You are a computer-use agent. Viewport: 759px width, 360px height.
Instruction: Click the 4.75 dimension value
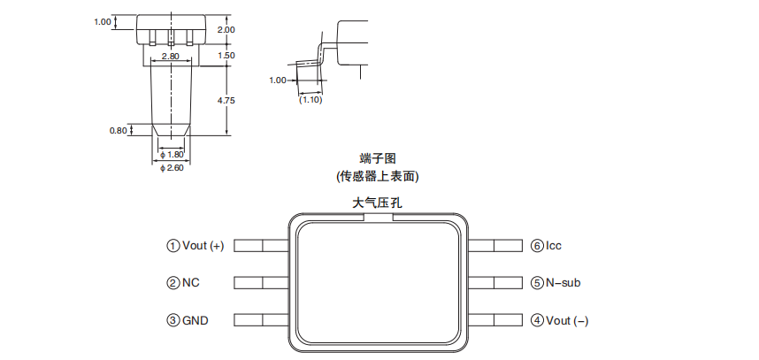tap(226, 101)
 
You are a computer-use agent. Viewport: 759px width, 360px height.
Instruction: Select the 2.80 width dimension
tap(170, 57)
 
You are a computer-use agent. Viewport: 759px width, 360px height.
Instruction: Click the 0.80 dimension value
tap(118, 131)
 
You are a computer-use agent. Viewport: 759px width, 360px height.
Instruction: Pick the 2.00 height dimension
tap(226, 29)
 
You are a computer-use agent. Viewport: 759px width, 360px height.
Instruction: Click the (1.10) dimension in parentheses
tap(310, 100)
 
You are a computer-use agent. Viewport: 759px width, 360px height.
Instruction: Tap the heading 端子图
tap(378, 159)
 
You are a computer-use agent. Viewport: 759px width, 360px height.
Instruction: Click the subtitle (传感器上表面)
tap(378, 176)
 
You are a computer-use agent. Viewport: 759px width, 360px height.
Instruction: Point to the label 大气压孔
tap(378, 203)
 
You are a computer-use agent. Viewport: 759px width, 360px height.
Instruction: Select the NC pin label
tap(191, 283)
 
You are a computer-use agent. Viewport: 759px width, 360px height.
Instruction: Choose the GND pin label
tap(195, 320)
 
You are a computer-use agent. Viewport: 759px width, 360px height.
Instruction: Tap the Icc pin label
tap(554, 246)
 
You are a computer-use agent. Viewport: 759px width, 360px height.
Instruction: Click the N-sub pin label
tap(563, 283)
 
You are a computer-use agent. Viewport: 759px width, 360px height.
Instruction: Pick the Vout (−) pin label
tap(567, 320)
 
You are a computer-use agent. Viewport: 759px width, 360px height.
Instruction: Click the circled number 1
tap(172, 246)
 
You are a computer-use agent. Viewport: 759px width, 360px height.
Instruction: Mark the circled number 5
tap(537, 283)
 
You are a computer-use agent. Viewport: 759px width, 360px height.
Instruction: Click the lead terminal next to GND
tap(262, 320)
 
